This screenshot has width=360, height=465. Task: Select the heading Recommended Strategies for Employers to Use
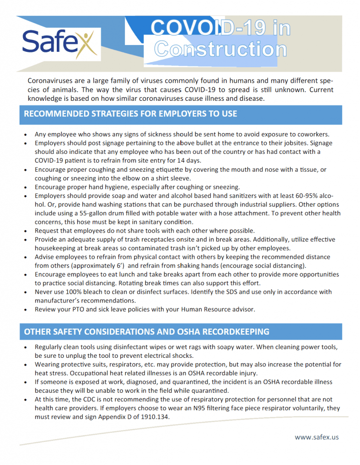(130, 114)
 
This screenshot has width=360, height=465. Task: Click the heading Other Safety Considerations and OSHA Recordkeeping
(147, 331)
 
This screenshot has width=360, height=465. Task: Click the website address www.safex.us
(316, 437)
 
